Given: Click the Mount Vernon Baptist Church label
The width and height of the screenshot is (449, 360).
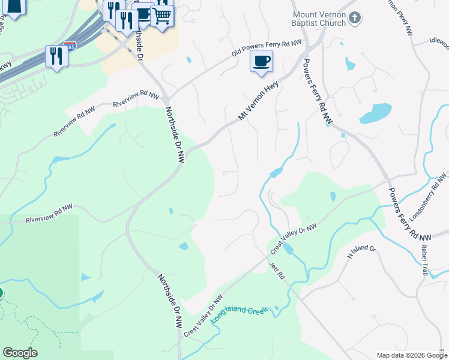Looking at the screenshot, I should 319,19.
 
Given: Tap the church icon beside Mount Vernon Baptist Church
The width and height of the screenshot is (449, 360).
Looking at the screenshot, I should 355,18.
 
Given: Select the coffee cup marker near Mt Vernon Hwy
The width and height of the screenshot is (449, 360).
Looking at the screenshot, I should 261,61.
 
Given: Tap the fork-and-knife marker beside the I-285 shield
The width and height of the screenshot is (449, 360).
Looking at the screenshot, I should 56,56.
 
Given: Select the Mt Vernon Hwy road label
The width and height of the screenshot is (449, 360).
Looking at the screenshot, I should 259,101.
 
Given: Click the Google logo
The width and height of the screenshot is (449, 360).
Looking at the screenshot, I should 20,353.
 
